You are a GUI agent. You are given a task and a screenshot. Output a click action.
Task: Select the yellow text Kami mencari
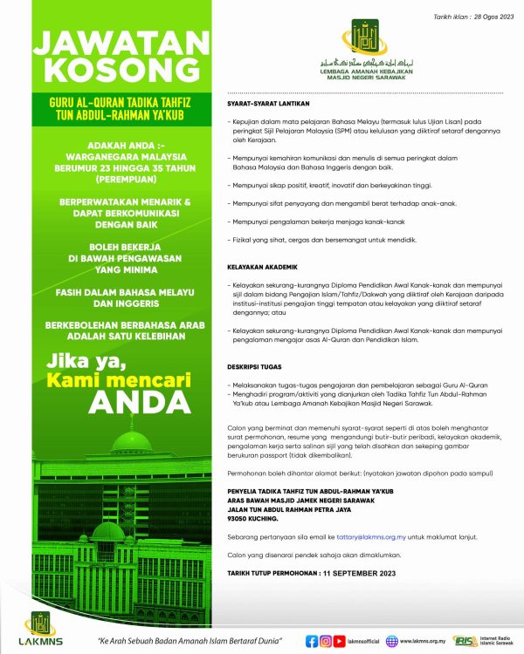tap(115, 378)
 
